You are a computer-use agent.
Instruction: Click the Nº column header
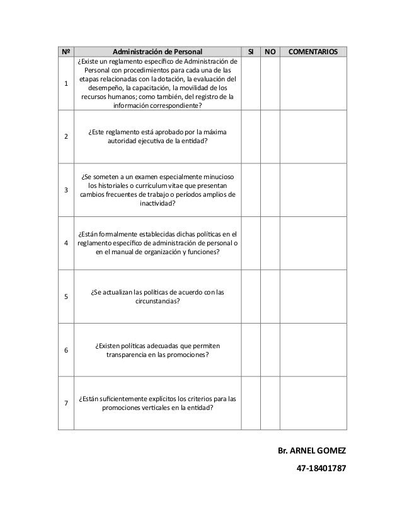[x=66, y=51]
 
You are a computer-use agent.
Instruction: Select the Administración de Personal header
[x=158, y=51]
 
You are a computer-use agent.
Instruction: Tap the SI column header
[x=251, y=51]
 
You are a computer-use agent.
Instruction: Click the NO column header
[x=270, y=51]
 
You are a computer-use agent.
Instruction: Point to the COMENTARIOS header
[x=313, y=51]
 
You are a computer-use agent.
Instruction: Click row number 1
[x=66, y=84]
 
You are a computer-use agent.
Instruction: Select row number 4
[x=66, y=243]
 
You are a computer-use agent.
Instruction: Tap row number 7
[x=66, y=404]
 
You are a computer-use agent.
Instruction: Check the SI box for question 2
[x=251, y=136]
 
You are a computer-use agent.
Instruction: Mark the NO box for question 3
[x=270, y=189]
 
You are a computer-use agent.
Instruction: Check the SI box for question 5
[x=251, y=296]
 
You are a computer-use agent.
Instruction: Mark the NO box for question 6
[x=270, y=350]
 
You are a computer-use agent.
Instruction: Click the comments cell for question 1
[x=313, y=84]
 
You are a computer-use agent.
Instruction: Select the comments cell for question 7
[x=313, y=404]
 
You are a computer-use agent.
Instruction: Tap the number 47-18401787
[x=321, y=470]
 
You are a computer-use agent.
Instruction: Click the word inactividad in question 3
[x=158, y=204]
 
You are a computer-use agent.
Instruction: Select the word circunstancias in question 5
[x=158, y=301]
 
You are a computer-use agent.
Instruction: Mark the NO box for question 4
[x=270, y=243]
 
